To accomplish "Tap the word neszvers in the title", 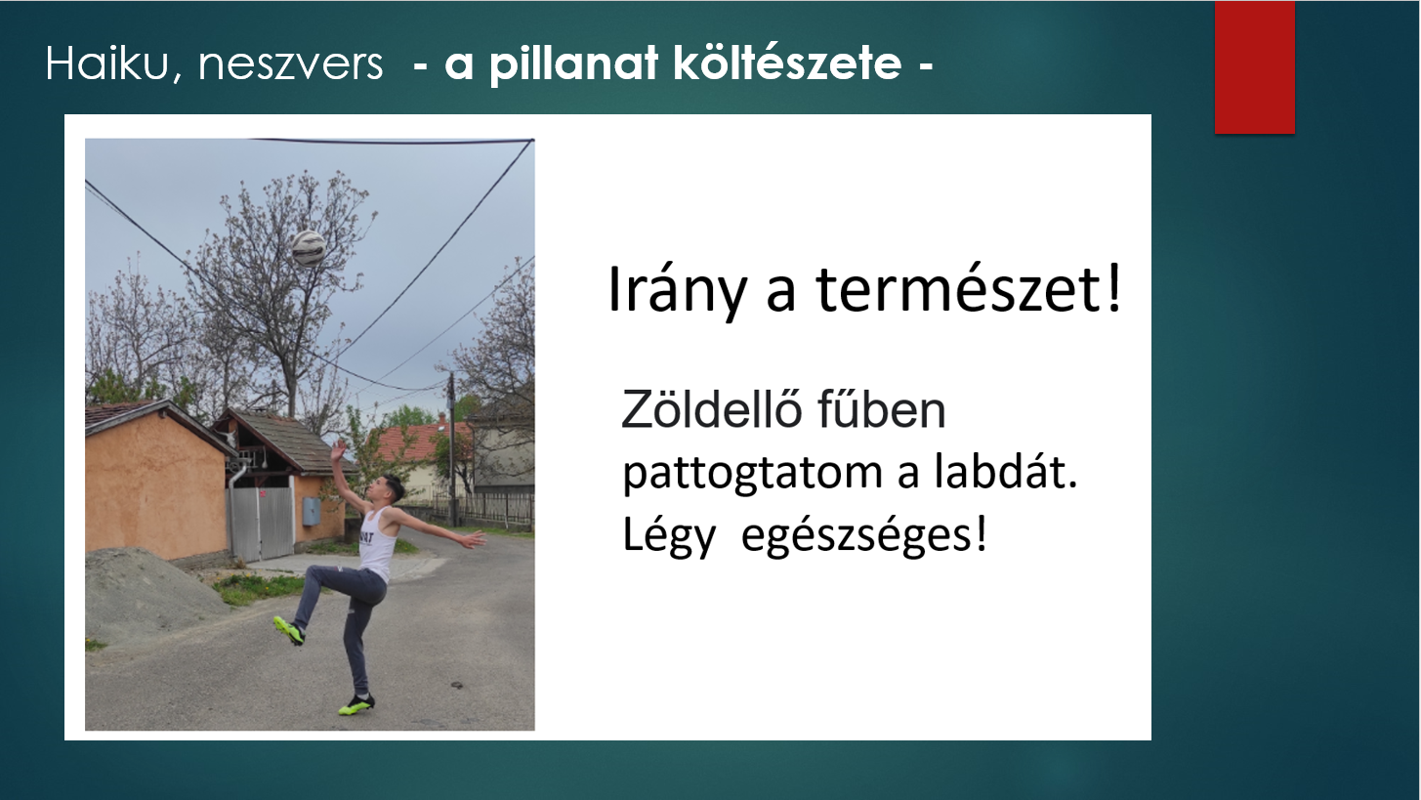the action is click(290, 65).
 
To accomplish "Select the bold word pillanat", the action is click(573, 64).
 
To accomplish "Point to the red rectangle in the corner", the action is click(1254, 67).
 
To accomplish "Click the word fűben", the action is click(882, 409).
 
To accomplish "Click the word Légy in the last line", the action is click(669, 536).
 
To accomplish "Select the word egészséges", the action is click(864, 536).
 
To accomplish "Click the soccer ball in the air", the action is click(309, 248).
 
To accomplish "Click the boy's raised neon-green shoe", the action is click(289, 631).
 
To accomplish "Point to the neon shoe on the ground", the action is click(356, 705).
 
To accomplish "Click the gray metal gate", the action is click(260, 524).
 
